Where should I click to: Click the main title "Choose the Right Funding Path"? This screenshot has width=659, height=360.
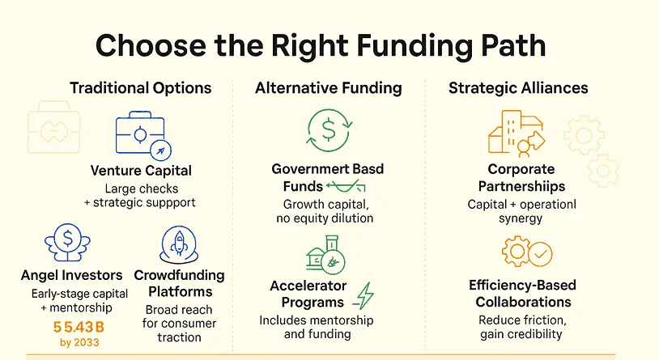pos(321,46)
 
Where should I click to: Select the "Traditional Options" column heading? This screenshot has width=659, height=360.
pos(140,88)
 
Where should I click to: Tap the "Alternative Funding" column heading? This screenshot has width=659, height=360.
pos(328,88)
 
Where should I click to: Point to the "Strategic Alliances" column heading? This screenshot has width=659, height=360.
pos(518,88)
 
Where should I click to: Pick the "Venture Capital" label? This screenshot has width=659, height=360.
pos(141,171)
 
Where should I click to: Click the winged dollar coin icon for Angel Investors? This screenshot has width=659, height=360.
pos(67,242)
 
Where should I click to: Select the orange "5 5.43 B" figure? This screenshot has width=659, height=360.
pos(79,327)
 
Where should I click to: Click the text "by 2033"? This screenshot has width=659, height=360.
pos(79,342)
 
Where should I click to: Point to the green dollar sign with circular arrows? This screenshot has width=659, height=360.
pos(329,130)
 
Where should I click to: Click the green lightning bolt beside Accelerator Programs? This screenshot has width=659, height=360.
pos(364,296)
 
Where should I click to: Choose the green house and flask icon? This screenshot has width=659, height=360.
pos(326,255)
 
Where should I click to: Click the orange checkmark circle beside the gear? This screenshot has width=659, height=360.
pos(540,254)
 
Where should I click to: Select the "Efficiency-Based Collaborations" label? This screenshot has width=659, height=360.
pos(523,293)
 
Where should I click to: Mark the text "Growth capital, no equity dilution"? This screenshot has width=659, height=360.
pos(325,211)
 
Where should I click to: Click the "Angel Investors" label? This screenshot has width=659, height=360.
pos(71,275)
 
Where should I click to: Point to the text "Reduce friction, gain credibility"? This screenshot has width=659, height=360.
pos(522,327)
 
